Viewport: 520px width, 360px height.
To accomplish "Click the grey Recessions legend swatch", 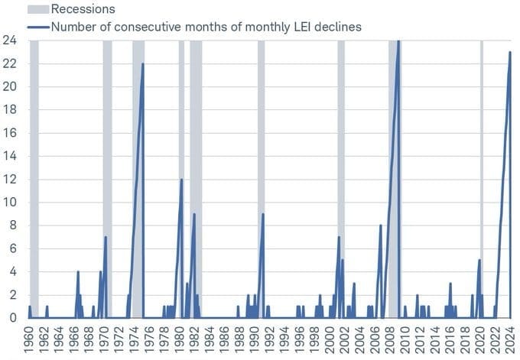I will point(37,9).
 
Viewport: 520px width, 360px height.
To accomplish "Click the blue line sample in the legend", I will point(37,27).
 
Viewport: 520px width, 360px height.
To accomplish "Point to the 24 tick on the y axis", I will point(11,40).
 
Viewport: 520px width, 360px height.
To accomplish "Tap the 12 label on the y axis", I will point(11,179).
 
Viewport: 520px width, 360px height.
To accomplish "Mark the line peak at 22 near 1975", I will point(142,63).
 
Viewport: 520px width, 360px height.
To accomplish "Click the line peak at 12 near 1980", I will point(181,180).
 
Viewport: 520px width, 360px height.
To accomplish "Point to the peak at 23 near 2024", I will point(510,52).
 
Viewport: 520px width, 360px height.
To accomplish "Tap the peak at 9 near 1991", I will point(263,214).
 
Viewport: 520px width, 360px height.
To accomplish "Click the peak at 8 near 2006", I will point(380,225).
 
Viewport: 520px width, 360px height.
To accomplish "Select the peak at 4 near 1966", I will point(78,271).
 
